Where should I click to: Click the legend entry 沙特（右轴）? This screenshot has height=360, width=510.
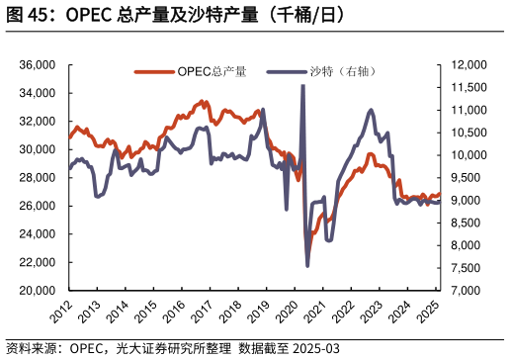pos(342,71)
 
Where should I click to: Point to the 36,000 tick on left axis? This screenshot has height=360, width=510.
pos(38,64)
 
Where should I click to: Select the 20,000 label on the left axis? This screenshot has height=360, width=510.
pos(38,291)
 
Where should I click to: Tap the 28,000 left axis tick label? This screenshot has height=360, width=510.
pos(38,178)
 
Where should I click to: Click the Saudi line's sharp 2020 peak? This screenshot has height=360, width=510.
pos(302,86)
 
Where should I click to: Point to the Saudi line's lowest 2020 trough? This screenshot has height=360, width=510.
pos(307,265)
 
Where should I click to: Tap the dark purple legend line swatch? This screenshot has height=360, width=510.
pos(286,71)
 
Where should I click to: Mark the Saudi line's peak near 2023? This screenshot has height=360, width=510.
pos(371,110)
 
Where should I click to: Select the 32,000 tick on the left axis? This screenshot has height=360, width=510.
pos(38,121)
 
